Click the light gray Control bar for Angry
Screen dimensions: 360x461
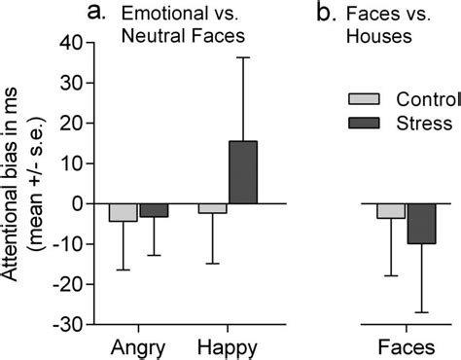[x=123, y=212]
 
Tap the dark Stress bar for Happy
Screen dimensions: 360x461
[x=242, y=172]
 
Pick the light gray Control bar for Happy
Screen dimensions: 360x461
[x=212, y=208]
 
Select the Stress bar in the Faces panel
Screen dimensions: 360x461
[x=421, y=224]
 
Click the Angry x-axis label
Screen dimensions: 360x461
[x=137, y=346]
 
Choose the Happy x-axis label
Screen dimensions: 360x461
[x=227, y=346]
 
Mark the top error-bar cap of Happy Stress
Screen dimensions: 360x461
[x=242, y=57]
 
